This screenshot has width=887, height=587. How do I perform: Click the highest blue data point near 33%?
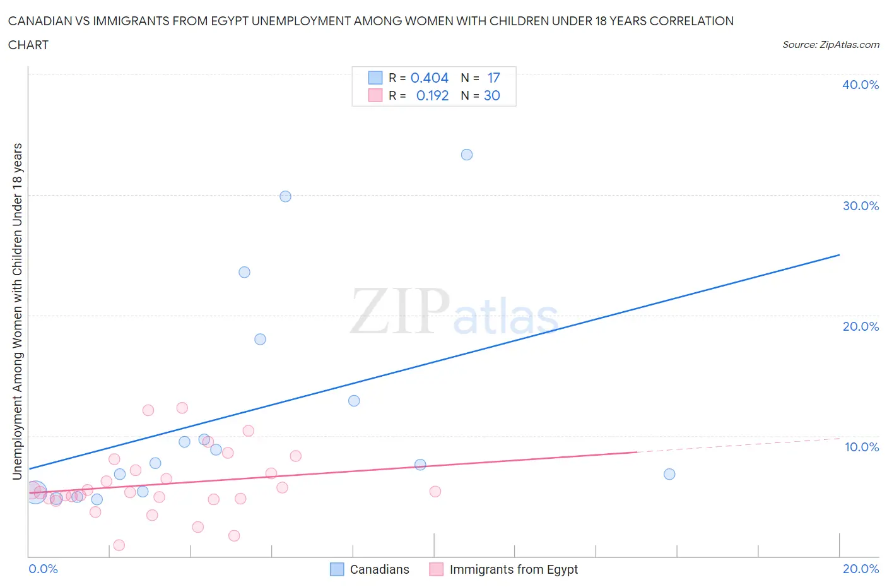[x=467, y=155]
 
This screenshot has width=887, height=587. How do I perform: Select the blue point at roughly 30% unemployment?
[x=285, y=196]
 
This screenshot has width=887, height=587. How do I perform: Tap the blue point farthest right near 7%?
[x=669, y=474]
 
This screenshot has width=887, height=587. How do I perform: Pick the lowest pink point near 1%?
[x=119, y=545]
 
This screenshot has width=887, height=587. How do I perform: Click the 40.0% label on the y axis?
[x=861, y=85]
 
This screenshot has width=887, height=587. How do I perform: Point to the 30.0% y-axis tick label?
[x=861, y=206]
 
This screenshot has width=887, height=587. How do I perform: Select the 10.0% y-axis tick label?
[x=861, y=447]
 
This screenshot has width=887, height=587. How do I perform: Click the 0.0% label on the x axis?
[x=43, y=569]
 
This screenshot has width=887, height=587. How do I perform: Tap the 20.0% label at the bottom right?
[x=861, y=569]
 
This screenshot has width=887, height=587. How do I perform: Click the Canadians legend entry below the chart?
[x=379, y=569]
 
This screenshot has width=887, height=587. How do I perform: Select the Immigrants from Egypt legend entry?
[x=514, y=569]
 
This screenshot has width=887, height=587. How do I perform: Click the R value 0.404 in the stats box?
[x=430, y=78]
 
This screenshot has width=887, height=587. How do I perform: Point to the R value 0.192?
[x=432, y=95]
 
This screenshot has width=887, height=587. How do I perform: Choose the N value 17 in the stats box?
[x=493, y=78]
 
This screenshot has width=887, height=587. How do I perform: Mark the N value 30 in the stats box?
[x=492, y=95]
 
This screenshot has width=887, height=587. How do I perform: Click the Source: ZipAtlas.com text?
[x=830, y=45]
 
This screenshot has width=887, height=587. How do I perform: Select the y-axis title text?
[x=18, y=311]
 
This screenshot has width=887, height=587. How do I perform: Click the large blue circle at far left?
[x=35, y=492]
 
